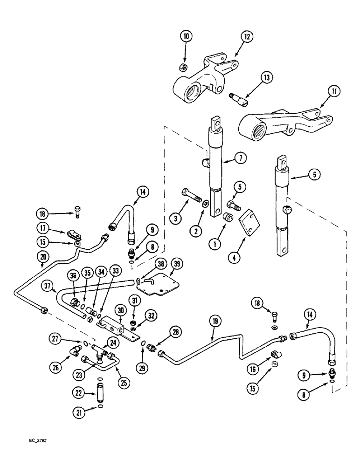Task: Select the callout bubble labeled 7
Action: tap(240, 158)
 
